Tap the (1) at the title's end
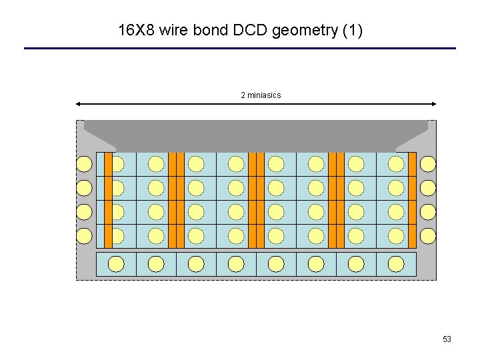pos(351,30)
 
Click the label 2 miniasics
pos(261,95)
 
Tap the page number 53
pos(447,339)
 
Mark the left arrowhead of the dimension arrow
pos(79,104)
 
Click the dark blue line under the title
pos(240,48)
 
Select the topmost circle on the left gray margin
pos(84,164)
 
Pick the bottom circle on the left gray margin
pos(84,236)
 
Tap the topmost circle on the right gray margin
pos(428,164)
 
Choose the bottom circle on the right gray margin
pos(428,236)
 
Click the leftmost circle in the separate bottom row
pos(116,264)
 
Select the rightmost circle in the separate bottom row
pos(396,264)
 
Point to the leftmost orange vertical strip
pos(108,200)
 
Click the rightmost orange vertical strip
pos(412,200)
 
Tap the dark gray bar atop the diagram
pos(256,133)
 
